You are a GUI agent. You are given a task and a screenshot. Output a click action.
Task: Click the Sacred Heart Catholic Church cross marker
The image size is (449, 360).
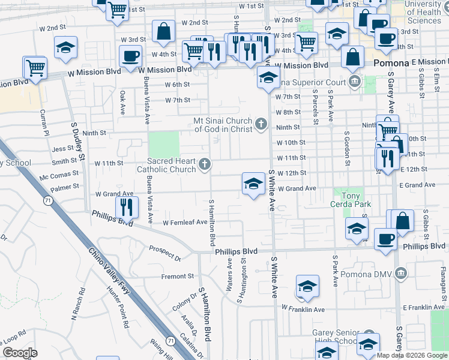tap(205, 164)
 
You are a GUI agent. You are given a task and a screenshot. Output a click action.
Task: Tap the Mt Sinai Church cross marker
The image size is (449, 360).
tap(261, 124)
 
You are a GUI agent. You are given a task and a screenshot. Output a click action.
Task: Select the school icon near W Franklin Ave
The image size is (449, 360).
tap(307, 287)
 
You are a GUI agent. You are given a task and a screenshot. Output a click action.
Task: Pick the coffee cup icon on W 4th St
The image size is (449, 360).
tap(130, 56)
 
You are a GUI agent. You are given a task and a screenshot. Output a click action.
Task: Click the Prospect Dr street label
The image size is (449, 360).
tap(165, 253)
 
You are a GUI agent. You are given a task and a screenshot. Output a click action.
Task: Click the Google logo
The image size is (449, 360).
tap(20, 353)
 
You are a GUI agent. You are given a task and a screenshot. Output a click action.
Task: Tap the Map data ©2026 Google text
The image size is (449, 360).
tap(412, 355)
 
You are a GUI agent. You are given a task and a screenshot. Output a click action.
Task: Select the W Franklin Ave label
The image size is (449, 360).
tap(303, 308)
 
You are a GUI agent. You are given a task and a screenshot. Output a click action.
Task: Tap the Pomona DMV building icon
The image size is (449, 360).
tap(401, 274)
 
